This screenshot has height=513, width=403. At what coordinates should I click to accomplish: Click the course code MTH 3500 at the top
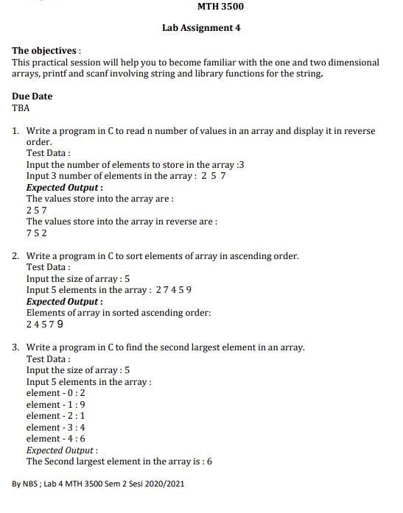(x=220, y=7)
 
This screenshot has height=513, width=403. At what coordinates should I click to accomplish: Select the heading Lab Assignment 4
(x=201, y=28)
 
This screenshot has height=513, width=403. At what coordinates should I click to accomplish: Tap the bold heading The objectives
(x=44, y=51)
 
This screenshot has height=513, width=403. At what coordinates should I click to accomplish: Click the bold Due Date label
(x=32, y=96)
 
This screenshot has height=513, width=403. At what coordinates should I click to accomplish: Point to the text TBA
(x=21, y=108)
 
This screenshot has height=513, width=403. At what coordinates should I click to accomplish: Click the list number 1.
(x=15, y=131)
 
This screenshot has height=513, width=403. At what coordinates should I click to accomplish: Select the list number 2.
(x=15, y=256)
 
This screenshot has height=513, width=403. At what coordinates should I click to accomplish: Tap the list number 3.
(x=15, y=347)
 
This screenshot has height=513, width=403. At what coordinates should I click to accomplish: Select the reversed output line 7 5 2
(x=36, y=233)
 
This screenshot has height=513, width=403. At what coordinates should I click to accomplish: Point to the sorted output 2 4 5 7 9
(x=44, y=325)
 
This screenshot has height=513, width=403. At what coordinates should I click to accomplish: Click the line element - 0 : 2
(x=55, y=393)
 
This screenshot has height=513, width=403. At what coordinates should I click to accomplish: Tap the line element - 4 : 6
(x=55, y=439)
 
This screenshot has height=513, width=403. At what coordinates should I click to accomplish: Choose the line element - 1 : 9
(x=55, y=405)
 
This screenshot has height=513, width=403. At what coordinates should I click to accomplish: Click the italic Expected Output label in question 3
(x=61, y=450)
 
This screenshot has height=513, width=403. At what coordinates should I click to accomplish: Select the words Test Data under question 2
(x=47, y=268)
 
